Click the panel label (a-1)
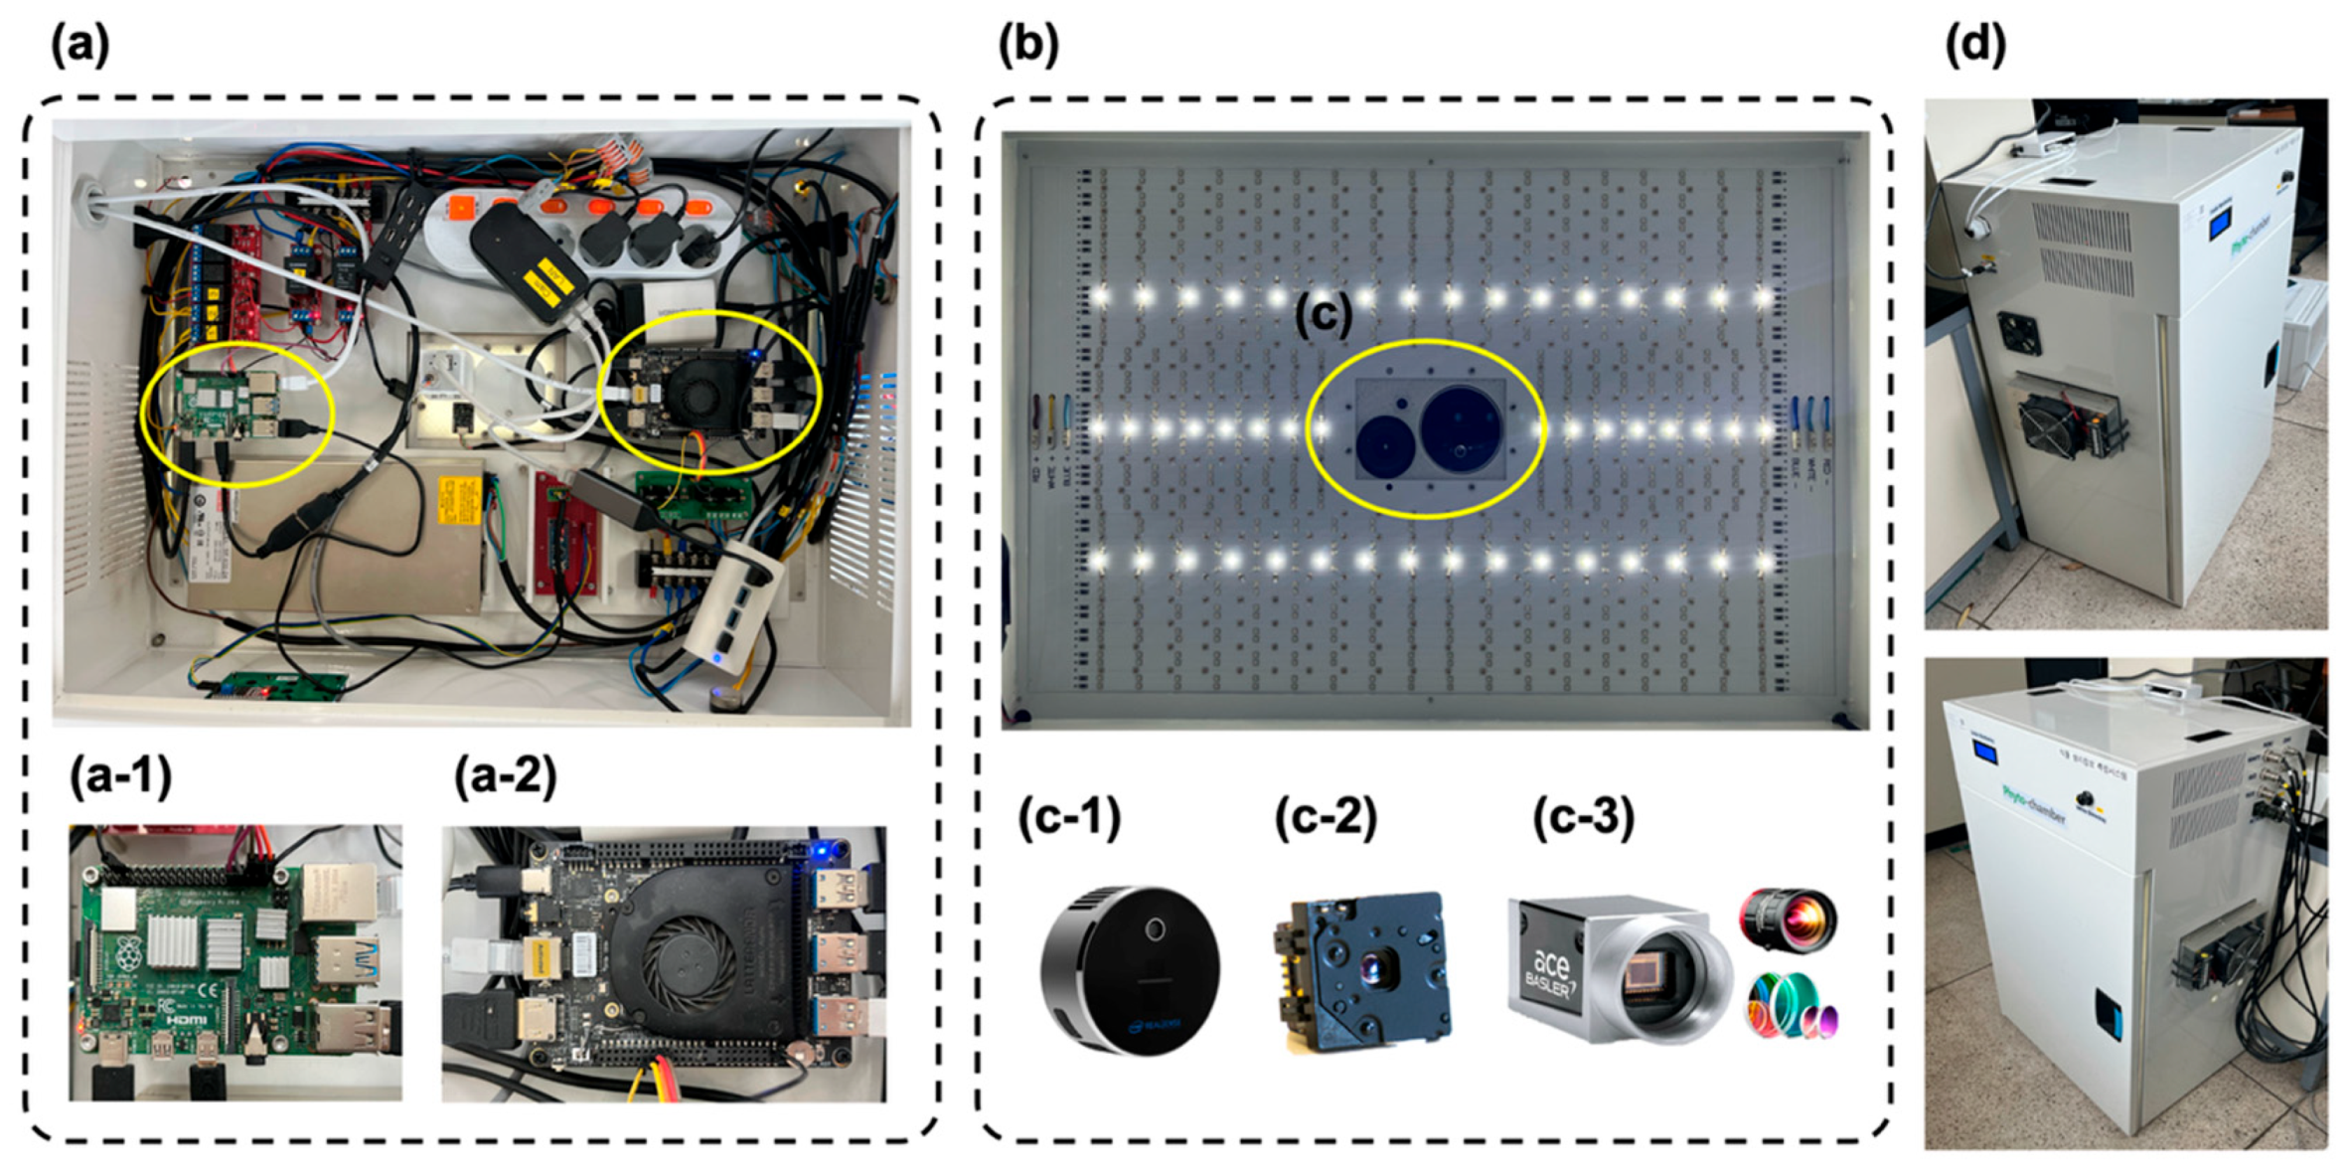pyautogui.click(x=120, y=776)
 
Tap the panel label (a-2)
pyautogui.click(x=505, y=776)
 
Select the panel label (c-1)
pyautogui.click(x=1069, y=817)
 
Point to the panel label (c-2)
pyautogui.click(x=1326, y=817)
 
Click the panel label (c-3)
pyautogui.click(x=1583, y=817)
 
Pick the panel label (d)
pyautogui.click(x=1974, y=45)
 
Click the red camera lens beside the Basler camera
pyautogui.click(x=1788, y=920)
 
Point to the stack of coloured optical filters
pyautogui.click(x=1791, y=1007)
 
